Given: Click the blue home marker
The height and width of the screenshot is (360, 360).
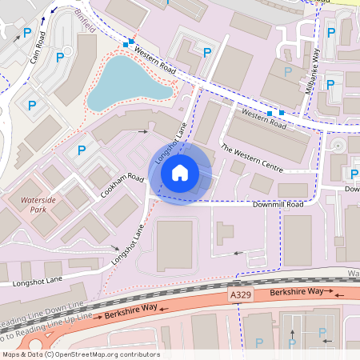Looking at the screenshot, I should pyautogui.click(x=180, y=173).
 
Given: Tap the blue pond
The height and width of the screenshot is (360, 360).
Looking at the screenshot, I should pyautogui.click(x=128, y=82).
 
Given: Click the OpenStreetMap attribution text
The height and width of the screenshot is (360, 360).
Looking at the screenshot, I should pyautogui.click(x=80, y=354).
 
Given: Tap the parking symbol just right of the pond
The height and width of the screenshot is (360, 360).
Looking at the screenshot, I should pyautogui.click(x=208, y=53).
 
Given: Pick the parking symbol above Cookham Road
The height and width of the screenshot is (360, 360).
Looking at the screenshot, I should pyautogui.click(x=81, y=150).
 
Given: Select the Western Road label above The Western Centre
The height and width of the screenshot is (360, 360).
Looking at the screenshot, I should pyautogui.click(x=264, y=119).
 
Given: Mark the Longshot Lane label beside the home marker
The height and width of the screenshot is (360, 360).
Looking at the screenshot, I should pyautogui.click(x=171, y=143).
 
